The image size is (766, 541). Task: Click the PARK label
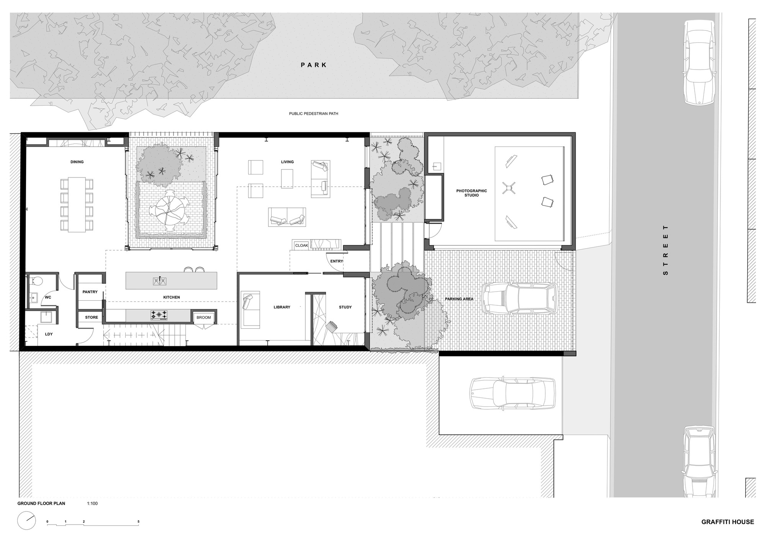pos(314,65)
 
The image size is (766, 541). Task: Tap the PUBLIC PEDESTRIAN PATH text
pos(314,114)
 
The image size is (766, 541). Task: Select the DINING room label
pos(77,162)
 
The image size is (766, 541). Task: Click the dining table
pos(77,204)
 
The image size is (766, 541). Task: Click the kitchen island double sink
pos(160,281)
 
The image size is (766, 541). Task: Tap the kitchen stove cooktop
pos(159,315)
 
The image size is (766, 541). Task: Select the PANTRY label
pos(90,292)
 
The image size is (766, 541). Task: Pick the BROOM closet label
pos(204,318)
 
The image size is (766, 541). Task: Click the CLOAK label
pos(302,245)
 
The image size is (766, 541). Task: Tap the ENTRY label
pos(337,261)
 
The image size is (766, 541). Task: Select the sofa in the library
pos(250,310)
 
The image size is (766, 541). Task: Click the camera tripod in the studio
pos(508,187)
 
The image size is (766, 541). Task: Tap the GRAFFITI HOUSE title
pos(728,521)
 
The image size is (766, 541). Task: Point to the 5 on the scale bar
pos(139,521)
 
